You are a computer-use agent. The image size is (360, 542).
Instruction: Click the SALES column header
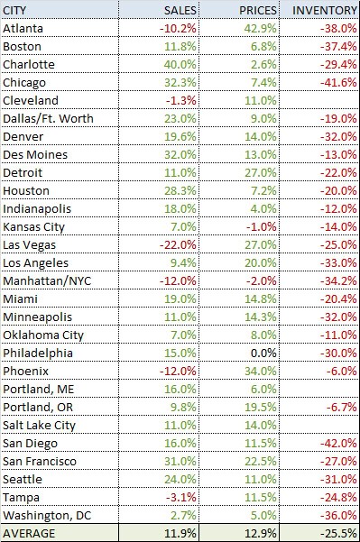(180, 10)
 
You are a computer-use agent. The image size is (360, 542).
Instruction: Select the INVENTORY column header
(325, 10)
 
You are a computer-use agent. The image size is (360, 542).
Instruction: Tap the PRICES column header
(258, 10)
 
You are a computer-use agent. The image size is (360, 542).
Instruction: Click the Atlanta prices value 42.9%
(261, 28)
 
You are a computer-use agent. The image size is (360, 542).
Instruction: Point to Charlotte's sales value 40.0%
(180, 64)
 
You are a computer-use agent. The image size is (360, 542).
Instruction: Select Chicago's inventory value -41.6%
(338, 82)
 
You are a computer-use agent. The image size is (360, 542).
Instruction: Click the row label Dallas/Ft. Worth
(48, 118)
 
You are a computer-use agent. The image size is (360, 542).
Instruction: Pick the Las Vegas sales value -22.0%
(178, 244)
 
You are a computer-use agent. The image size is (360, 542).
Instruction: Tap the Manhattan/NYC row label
(47, 280)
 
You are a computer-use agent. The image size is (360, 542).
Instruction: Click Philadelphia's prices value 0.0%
(263, 353)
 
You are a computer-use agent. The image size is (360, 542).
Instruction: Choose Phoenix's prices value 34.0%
(261, 371)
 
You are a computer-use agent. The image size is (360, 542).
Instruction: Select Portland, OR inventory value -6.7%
(341, 407)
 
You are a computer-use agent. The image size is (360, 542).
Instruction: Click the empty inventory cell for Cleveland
(319, 101)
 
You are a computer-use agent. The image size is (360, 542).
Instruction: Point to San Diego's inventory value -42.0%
(338, 443)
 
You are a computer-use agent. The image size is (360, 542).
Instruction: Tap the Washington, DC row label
(47, 515)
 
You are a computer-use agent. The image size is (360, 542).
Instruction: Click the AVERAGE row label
(29, 533)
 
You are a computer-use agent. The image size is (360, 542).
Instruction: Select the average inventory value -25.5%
(338, 533)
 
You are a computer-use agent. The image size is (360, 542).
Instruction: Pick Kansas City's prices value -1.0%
(262, 226)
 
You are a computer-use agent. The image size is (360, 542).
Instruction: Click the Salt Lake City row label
(39, 425)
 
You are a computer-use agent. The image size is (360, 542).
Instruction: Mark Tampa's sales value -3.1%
(180, 498)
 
